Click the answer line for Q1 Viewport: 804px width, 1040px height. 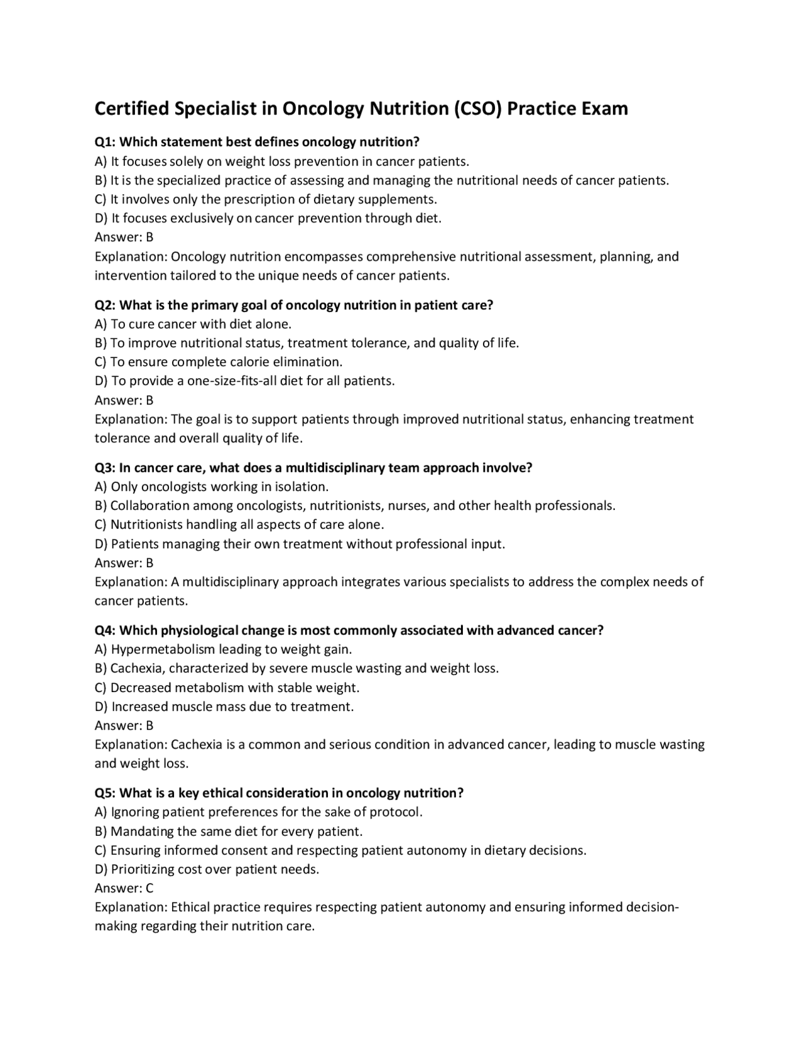click(124, 237)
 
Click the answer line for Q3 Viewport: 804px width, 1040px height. click(124, 563)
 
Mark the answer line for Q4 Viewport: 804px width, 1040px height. click(124, 725)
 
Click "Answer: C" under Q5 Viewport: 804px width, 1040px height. click(124, 888)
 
